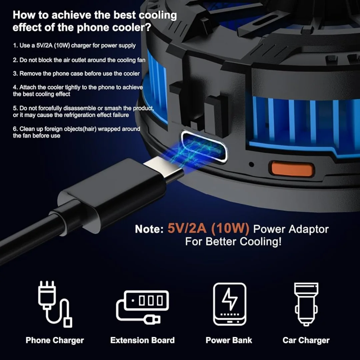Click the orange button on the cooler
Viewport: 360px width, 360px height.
point(292,169)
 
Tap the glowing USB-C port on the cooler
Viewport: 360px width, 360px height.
point(204,147)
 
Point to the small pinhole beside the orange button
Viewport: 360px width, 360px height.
point(251,164)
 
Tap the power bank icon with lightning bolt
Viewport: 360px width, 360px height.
point(229,304)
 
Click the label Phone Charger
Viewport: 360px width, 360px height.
point(55,340)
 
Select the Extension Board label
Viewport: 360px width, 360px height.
point(142,340)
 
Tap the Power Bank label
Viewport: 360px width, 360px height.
point(229,340)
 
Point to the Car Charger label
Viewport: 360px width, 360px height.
point(306,340)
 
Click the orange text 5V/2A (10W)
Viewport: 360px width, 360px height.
point(208,229)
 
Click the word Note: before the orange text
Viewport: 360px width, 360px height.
point(149,229)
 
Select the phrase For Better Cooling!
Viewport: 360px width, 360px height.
point(233,242)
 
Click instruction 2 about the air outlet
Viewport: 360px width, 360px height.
point(79,60)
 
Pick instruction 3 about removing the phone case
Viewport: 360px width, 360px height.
point(76,74)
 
